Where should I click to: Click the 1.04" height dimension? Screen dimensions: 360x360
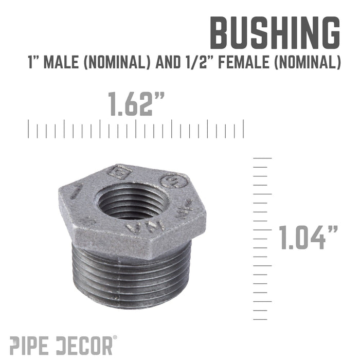(x=308, y=238)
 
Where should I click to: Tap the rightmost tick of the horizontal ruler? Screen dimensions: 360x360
(x=243, y=129)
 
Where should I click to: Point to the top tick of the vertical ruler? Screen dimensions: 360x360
(x=262, y=158)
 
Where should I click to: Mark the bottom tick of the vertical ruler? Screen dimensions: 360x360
(x=262, y=320)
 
